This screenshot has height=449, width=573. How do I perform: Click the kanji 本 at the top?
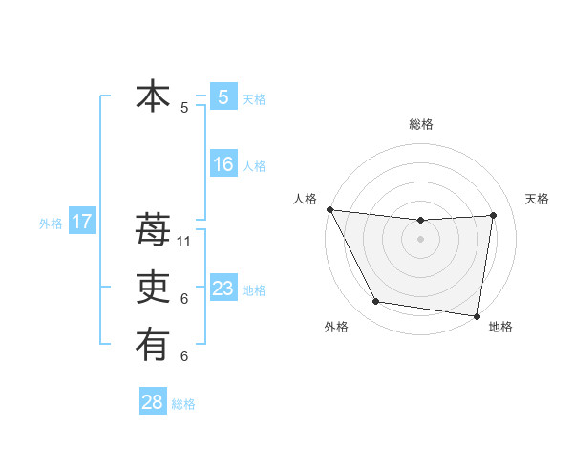click(x=153, y=96)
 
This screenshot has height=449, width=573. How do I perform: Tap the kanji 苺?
click(x=153, y=229)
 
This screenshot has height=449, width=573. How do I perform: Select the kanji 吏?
click(x=153, y=288)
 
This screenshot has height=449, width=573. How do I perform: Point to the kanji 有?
click(x=153, y=345)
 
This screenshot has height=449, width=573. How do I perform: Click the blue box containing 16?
click(x=223, y=164)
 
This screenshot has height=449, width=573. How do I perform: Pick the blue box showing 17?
click(x=81, y=223)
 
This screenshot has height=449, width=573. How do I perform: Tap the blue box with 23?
click(x=223, y=289)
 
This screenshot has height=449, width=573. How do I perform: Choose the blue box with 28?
click(x=153, y=402)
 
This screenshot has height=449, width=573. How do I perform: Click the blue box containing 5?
click(x=223, y=96)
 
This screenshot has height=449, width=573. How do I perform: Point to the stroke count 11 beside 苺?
click(x=185, y=242)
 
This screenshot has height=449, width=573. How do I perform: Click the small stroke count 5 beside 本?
click(x=184, y=108)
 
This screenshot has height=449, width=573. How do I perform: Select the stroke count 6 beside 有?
click(x=184, y=356)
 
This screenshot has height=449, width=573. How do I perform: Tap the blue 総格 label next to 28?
click(x=183, y=404)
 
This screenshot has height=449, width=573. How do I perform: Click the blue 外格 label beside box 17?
click(x=51, y=224)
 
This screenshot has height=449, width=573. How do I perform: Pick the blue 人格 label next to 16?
click(x=254, y=166)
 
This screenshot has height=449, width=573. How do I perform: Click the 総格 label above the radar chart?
click(x=421, y=124)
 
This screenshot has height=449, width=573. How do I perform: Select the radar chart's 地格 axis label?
click(x=500, y=327)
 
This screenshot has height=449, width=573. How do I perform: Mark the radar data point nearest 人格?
click(x=329, y=209)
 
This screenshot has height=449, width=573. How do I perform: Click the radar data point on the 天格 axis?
click(x=494, y=215)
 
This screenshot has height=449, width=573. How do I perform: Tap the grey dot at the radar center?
click(x=420, y=239)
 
